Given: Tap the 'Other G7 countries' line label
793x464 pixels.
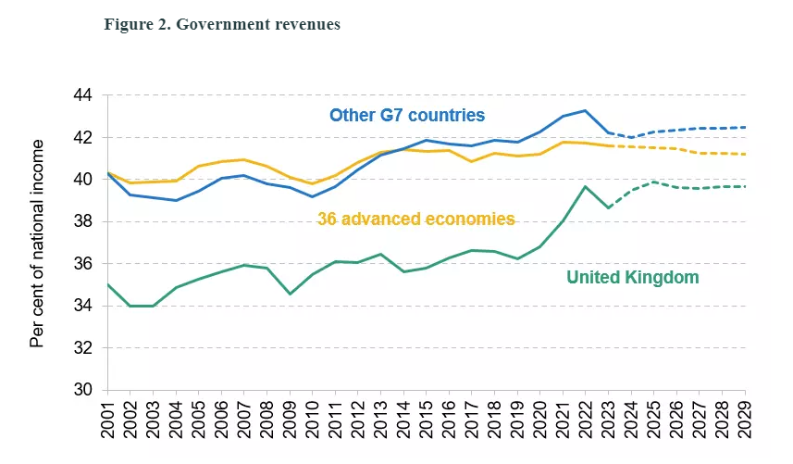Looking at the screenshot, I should [407, 116].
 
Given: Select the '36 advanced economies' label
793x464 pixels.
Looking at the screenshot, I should [415, 219].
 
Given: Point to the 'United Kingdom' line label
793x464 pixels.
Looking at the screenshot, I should [633, 277].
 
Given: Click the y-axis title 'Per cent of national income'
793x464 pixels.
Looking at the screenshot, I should [37, 243].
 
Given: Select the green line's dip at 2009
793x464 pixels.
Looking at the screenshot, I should [290, 294].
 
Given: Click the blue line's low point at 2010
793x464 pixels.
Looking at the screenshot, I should [313, 196].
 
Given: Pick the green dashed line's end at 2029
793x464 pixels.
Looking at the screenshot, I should [746, 186].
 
